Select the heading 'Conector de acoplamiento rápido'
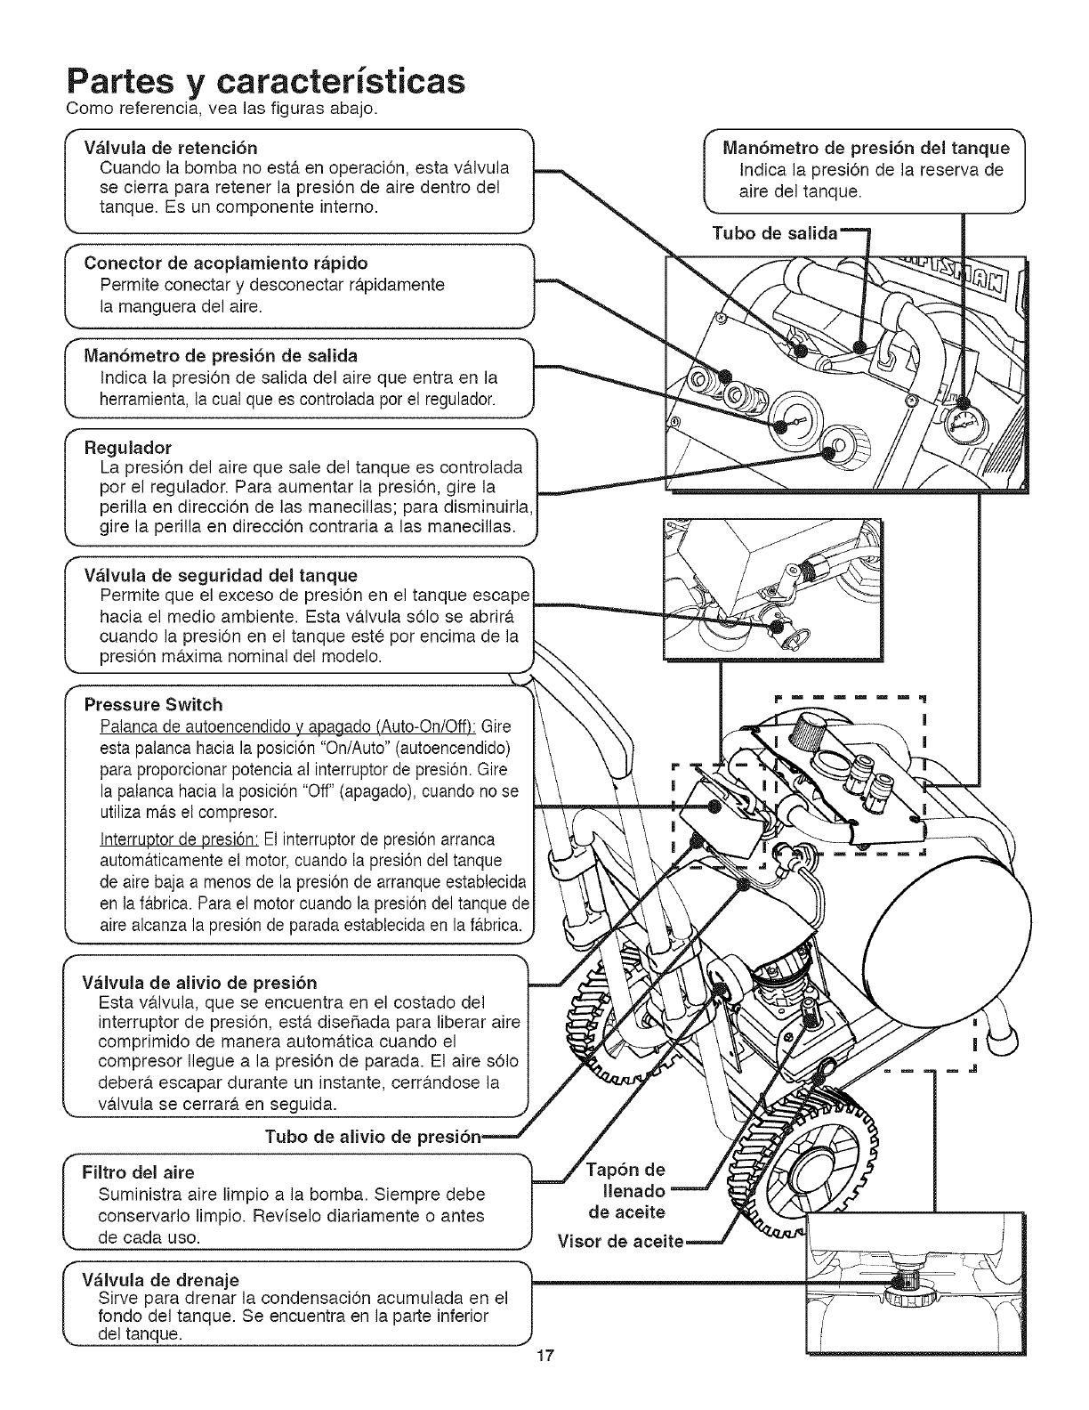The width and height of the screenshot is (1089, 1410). coord(225,263)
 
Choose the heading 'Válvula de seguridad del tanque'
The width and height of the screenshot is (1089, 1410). coord(220,574)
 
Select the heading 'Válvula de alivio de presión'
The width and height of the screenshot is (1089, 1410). coord(199,984)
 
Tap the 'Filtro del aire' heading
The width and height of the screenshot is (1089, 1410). coord(138,1171)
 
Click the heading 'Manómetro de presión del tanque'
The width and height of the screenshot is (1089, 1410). coord(867,148)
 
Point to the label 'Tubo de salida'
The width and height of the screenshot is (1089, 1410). coord(775,233)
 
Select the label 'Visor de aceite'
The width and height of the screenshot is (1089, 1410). coord(620,1241)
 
